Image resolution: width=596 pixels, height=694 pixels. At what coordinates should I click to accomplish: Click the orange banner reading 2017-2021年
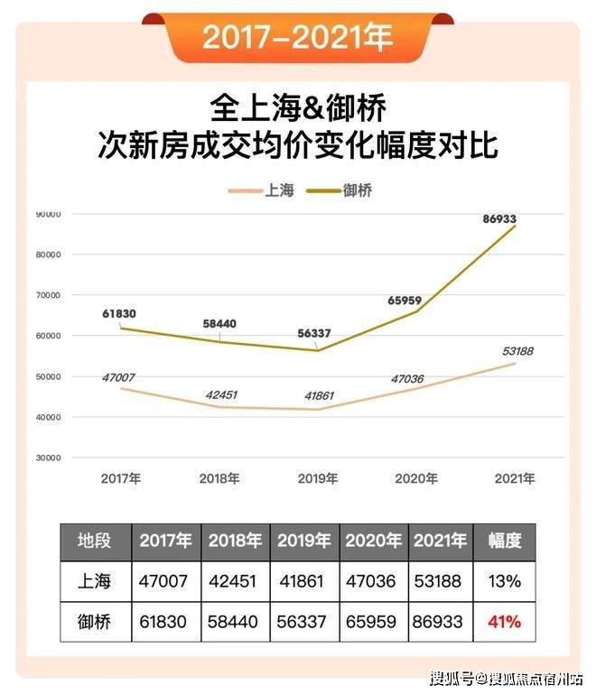coord(297,37)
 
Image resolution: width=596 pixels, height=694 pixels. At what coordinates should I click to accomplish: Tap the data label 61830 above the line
coord(117,313)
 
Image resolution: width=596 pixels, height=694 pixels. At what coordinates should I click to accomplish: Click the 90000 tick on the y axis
coord(47,214)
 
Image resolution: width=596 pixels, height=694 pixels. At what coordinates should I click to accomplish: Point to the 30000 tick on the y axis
coord(47,458)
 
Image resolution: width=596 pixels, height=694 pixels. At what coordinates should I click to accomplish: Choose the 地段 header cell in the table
coord(96,541)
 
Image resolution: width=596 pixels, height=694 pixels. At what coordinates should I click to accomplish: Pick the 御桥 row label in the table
coord(96,622)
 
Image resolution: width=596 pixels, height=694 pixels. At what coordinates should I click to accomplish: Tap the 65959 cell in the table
coord(374,622)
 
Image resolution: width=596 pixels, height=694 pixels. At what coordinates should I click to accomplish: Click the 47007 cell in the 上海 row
coord(165,581)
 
